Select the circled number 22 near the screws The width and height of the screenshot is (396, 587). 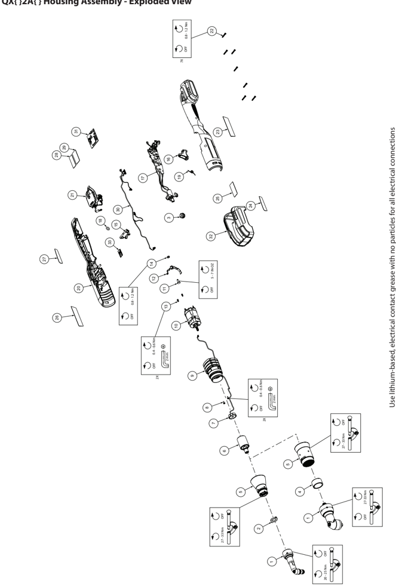click(211, 30)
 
